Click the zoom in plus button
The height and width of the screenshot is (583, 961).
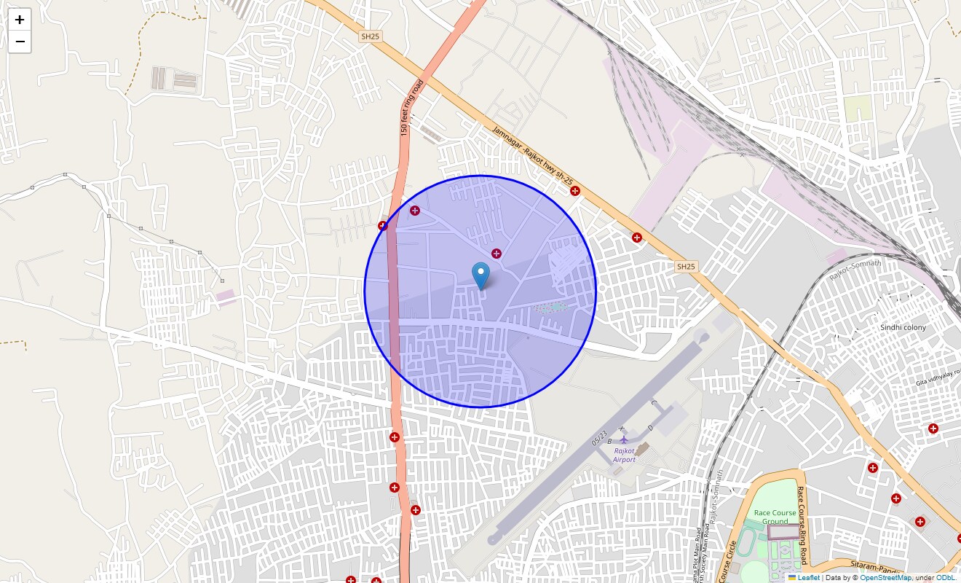[20, 20]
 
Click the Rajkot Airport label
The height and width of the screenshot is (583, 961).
[624, 455]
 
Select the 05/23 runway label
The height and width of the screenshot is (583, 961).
[600, 437]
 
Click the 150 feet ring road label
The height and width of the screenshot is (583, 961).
[411, 108]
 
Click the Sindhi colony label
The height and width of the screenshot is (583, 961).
[903, 327]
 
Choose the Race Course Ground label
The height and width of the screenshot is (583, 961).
[775, 517]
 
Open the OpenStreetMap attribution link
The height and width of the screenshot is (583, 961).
[885, 577]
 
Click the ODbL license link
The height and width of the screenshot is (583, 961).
[946, 577]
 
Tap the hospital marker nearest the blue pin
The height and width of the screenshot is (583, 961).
[496, 254]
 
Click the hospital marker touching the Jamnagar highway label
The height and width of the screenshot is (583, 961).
[575, 191]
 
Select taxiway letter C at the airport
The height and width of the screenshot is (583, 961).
[653, 403]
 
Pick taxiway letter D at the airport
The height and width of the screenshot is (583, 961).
[649, 428]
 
